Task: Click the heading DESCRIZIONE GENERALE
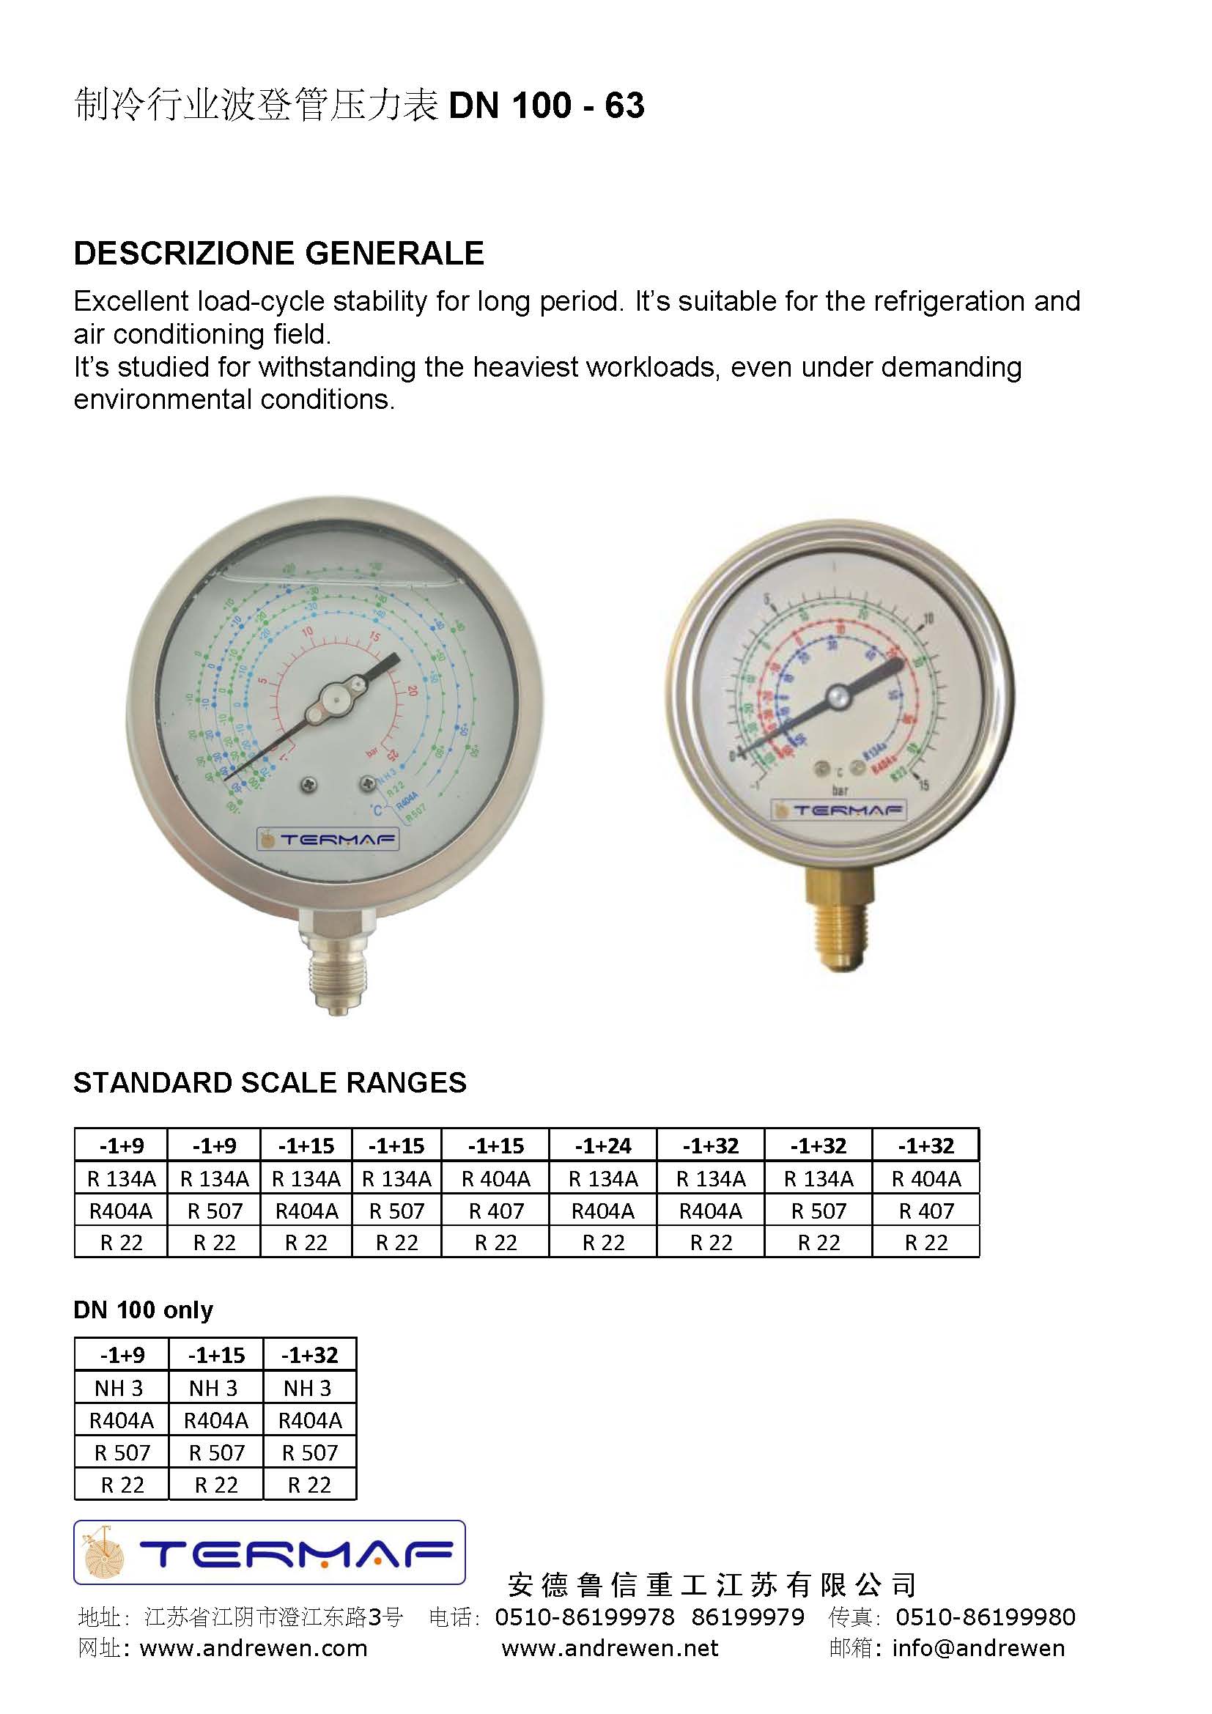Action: (x=278, y=253)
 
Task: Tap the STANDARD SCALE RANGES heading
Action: (x=270, y=1082)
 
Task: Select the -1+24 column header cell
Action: (x=603, y=1145)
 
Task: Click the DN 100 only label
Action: (x=144, y=1309)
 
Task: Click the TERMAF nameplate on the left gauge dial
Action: (x=328, y=839)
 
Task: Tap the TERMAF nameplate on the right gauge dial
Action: (x=839, y=810)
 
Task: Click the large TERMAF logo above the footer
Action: (x=270, y=1553)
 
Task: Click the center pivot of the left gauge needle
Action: (x=332, y=700)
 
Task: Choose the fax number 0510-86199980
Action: (x=985, y=1617)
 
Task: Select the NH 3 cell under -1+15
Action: (x=215, y=1388)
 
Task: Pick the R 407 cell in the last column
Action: (x=926, y=1211)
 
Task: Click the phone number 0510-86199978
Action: (x=584, y=1617)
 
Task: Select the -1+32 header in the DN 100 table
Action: (x=310, y=1355)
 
